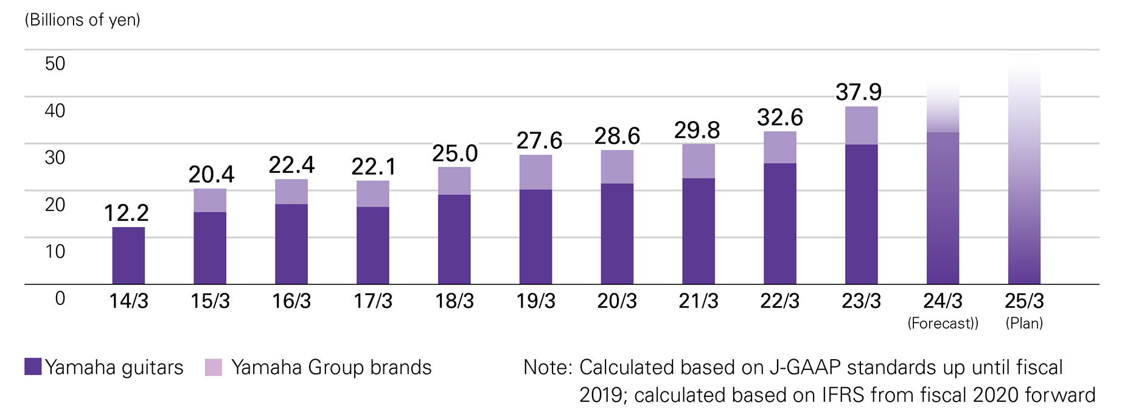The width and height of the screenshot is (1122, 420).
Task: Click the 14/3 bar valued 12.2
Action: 128,256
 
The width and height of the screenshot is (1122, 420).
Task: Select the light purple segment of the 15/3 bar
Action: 210,200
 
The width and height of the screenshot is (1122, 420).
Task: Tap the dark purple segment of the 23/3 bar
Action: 861,214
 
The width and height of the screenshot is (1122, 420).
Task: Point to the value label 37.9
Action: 858,93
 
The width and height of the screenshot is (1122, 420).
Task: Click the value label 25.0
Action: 455,154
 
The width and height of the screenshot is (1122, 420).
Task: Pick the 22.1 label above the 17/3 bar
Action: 373,167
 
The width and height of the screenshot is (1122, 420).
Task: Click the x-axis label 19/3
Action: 535,301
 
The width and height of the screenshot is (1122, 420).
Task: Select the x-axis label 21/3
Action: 699,301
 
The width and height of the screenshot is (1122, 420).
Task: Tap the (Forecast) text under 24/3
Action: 943,323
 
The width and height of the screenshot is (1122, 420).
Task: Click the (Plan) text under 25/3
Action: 1024,323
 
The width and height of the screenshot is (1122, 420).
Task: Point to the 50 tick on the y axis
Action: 55,64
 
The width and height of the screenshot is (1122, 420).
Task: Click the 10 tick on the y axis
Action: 55,251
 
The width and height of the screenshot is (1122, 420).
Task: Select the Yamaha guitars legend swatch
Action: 33,366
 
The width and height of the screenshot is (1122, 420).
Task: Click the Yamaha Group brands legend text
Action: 331,368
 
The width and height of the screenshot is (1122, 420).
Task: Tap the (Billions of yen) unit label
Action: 82,20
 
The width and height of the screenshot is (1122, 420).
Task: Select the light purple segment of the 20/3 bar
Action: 617,167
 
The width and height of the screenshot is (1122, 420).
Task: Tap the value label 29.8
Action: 697,130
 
